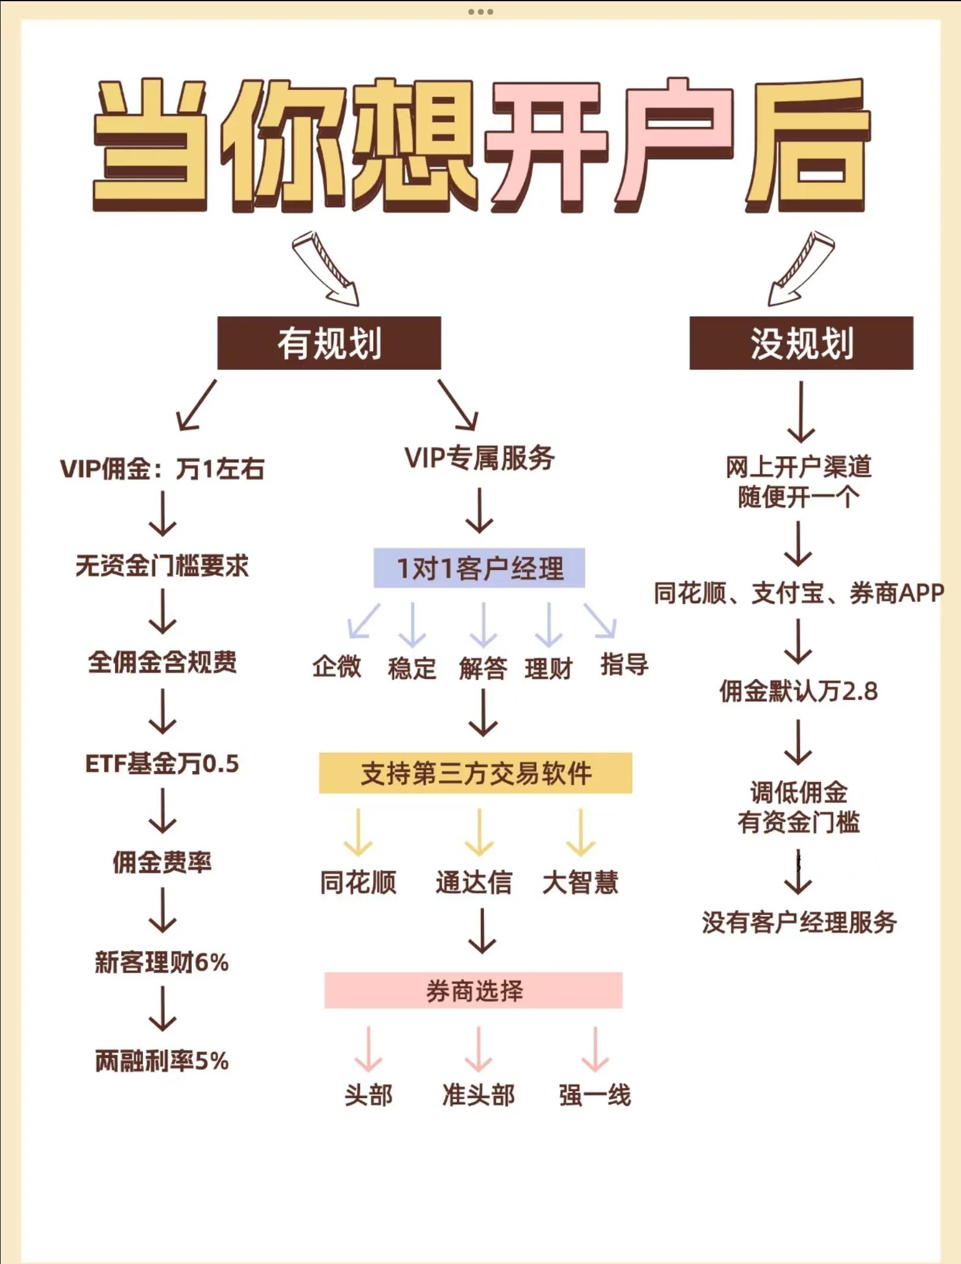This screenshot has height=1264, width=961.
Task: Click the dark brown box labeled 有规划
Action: (329, 343)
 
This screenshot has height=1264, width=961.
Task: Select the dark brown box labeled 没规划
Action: (801, 343)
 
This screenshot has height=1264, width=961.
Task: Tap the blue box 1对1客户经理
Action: (479, 568)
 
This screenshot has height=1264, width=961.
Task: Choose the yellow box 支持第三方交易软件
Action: (475, 773)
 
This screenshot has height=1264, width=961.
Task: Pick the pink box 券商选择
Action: (473, 990)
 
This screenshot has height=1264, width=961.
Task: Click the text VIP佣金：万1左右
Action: (162, 469)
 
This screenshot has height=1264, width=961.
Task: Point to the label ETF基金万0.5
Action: (162, 764)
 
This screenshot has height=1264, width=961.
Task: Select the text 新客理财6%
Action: (162, 962)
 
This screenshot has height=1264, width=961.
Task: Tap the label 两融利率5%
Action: (162, 1061)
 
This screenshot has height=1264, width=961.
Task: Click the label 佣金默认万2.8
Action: (798, 692)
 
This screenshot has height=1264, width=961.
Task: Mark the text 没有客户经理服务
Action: (799, 922)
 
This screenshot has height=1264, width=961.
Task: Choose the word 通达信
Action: (473, 882)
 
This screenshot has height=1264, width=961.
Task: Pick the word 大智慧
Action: (580, 882)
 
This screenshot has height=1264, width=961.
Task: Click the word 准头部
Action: (478, 1094)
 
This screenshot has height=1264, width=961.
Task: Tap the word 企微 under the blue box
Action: (337, 666)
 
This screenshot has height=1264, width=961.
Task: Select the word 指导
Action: (624, 664)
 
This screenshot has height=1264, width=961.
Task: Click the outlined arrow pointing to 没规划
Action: (800, 268)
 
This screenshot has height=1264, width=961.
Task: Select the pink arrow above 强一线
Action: (595, 1048)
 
